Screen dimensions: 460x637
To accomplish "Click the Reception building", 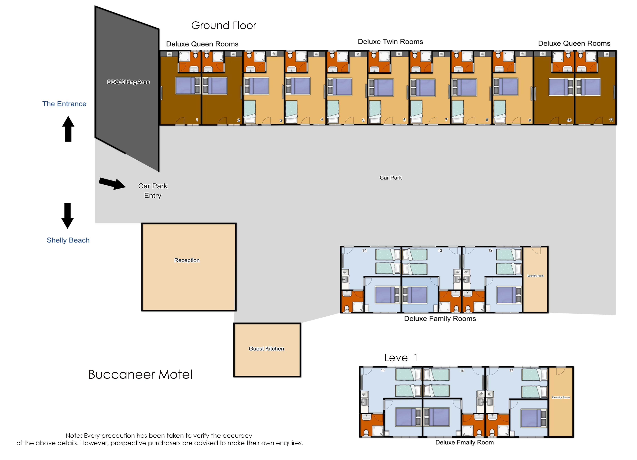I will (189, 267).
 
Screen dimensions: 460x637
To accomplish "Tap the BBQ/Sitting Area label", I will (128, 82).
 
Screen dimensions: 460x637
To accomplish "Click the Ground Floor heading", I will (224, 26).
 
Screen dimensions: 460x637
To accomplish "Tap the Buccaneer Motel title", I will (140, 374).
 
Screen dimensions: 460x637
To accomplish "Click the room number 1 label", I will (197, 120).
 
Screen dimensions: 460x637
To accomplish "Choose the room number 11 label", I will (611, 120).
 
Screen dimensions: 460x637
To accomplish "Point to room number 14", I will (364, 250).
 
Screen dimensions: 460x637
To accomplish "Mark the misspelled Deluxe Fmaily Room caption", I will (464, 442).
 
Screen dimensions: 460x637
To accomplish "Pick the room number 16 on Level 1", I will (462, 371).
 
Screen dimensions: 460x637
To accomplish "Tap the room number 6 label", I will (404, 120).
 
